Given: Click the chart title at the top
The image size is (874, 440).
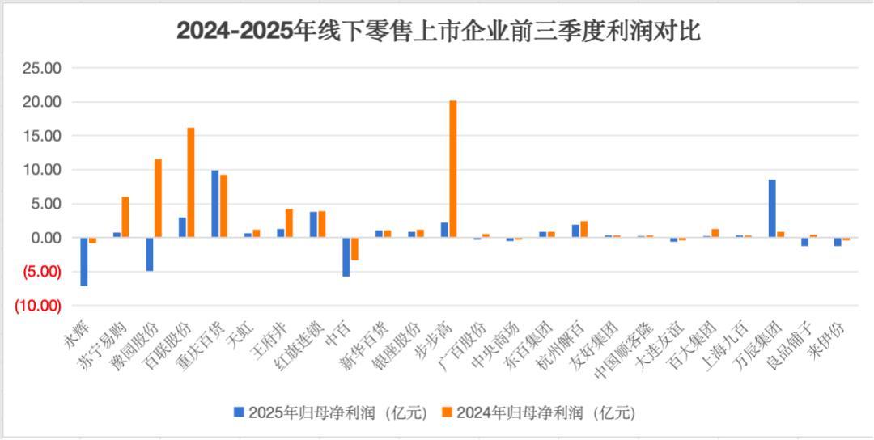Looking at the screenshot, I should click(x=438, y=32).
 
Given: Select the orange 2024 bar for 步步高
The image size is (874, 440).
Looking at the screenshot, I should click(x=453, y=169).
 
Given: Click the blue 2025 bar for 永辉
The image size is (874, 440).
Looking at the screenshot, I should click(x=84, y=261).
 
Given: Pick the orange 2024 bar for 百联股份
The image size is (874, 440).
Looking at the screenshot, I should click(x=191, y=183).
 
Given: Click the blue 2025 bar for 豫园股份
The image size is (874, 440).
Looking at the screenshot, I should click(x=150, y=254).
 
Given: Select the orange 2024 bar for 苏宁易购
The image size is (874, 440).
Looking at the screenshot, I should click(x=125, y=217).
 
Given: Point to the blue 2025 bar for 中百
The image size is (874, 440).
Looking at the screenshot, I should click(x=346, y=257).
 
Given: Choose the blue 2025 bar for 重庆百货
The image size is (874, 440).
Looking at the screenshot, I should click(x=215, y=204).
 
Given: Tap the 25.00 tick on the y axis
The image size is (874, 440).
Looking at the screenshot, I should click(x=42, y=69).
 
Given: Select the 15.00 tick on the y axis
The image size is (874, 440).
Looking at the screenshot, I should click(x=42, y=137).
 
